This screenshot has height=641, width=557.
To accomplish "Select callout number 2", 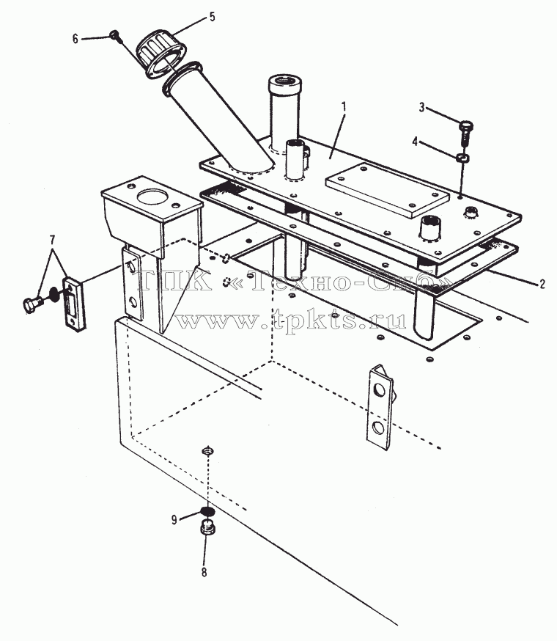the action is coord(542,284).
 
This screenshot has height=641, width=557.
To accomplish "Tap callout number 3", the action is coord(421,108).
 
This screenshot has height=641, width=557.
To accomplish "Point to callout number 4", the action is coord(416,142).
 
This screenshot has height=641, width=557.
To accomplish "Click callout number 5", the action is coord(212,17).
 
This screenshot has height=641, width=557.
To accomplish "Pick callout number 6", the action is coord(75,39).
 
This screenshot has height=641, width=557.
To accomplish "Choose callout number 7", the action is coord(52,240).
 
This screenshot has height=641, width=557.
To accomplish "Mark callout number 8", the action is coord(204,572).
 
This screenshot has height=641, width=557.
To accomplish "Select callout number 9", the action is coord(174,519).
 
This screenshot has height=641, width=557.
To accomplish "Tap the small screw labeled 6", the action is coord(115,36).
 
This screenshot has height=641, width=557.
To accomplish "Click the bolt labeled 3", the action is coord(465,131).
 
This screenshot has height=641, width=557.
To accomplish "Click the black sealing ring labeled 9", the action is coord(207,510).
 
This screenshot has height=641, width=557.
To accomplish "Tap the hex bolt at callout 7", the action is coord(34,304).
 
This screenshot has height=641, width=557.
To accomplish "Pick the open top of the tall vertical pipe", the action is coord(285,81).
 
